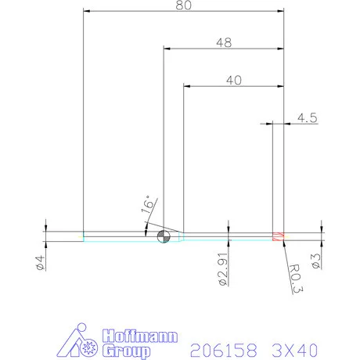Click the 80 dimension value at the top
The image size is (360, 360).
183,5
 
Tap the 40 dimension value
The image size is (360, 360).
232,79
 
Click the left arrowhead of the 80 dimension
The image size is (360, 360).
86,12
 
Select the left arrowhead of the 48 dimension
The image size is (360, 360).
167,49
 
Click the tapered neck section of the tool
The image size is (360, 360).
181,236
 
